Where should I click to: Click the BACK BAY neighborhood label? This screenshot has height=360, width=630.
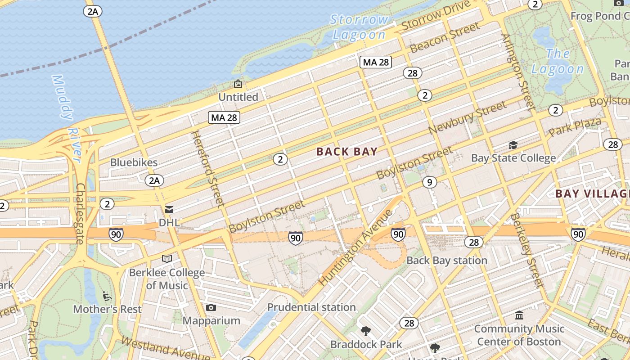(x=346, y=152)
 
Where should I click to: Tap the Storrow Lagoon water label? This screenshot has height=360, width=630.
(x=359, y=27)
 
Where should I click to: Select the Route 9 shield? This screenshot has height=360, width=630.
(x=430, y=182)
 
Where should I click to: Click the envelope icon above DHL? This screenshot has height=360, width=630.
(x=169, y=209)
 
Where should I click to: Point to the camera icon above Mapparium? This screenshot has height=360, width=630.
(x=211, y=308)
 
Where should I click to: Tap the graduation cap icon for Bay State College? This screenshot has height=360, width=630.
(x=513, y=145)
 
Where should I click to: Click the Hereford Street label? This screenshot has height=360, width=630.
(x=208, y=168)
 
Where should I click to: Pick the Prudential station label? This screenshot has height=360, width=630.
(x=311, y=307)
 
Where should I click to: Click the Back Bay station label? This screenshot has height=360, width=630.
(x=446, y=261)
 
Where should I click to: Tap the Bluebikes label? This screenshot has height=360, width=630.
(x=134, y=162)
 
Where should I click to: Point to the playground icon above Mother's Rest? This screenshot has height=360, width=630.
(x=107, y=296)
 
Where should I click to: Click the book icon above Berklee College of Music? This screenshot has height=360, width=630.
(x=167, y=259)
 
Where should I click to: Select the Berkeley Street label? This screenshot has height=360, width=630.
(x=526, y=250)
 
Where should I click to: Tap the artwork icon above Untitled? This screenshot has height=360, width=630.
(x=238, y=84)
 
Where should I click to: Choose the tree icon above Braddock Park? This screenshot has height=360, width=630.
(x=366, y=332)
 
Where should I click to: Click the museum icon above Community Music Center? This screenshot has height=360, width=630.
(x=519, y=315)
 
